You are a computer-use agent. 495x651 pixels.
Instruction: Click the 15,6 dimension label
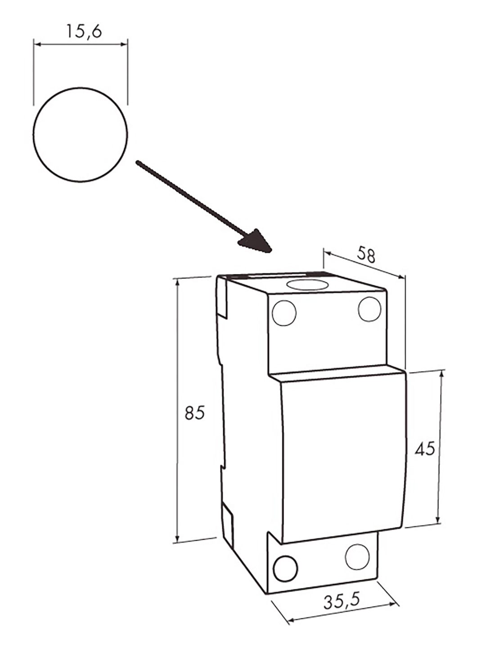(x=84, y=31)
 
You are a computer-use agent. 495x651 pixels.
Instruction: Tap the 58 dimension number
(x=366, y=254)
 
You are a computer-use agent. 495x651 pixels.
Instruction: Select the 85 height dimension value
(x=195, y=412)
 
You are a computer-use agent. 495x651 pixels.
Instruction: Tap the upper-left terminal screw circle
(x=284, y=313)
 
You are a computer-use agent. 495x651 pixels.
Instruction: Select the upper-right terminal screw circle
(x=369, y=309)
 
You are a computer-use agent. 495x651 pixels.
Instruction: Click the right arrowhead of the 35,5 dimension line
(x=393, y=603)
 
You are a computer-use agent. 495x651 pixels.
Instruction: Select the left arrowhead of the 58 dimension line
(x=327, y=253)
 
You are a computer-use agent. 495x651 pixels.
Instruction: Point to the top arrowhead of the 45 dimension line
(x=441, y=375)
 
